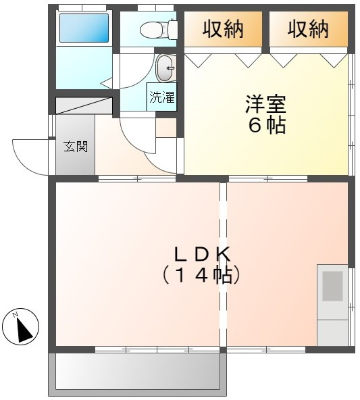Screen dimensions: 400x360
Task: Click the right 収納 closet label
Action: tap(308, 29)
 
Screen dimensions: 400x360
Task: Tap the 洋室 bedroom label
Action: tap(265, 105)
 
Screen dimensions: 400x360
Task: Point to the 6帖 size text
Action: tap(266, 126)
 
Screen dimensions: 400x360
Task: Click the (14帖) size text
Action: tap(202, 275)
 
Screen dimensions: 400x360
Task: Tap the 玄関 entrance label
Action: tap(75, 147)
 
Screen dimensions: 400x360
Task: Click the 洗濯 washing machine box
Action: tap(161, 97)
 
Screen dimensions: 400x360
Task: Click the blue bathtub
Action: tap(84, 28)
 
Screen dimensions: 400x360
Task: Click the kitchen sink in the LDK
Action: tap(332, 286)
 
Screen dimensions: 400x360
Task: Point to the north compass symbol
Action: tap(20, 327)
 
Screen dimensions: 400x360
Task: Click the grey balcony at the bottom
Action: tap(137, 372)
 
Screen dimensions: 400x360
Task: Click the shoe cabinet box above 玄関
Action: tap(83, 105)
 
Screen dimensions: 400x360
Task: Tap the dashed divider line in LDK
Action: tap(223, 264)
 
